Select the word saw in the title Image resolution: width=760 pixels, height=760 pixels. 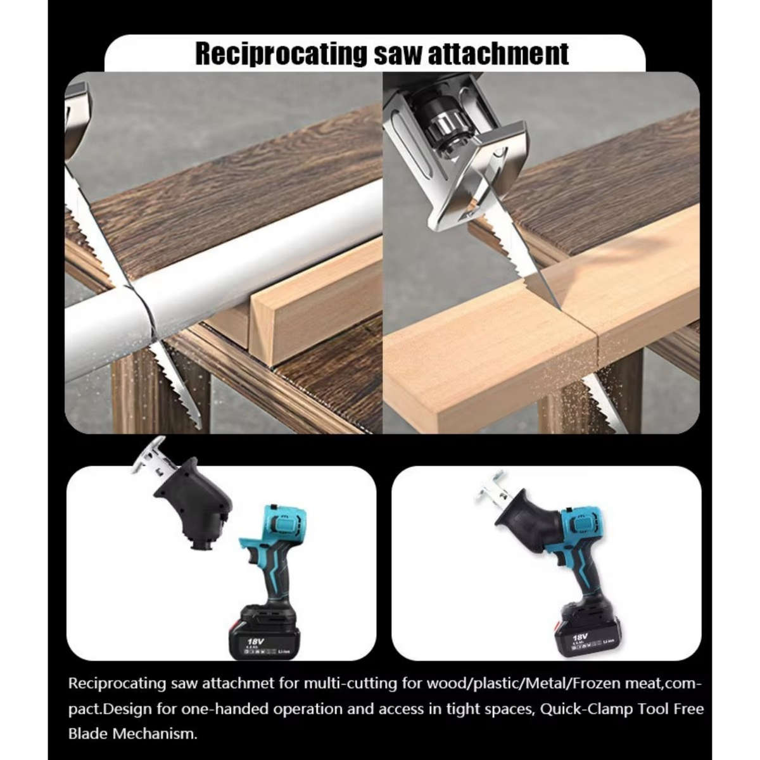pos(396,53)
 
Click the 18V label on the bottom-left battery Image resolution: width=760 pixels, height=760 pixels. pos(255,641)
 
